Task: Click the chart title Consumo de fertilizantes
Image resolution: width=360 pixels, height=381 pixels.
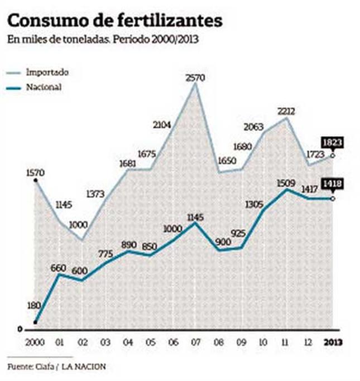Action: pyautogui.click(x=114, y=21)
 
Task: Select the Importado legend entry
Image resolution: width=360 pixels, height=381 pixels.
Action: pyautogui.click(x=47, y=73)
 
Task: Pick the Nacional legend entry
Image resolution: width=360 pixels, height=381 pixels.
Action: pyautogui.click(x=43, y=87)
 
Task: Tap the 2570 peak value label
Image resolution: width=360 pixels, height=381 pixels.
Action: pyautogui.click(x=195, y=77)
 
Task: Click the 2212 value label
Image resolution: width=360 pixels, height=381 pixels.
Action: pyautogui.click(x=286, y=111)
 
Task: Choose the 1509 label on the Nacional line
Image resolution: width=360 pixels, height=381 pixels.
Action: pyautogui.click(x=286, y=182)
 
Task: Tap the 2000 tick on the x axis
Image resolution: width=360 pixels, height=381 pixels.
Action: pyautogui.click(x=35, y=341)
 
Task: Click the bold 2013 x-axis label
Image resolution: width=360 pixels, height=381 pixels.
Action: pyautogui.click(x=333, y=341)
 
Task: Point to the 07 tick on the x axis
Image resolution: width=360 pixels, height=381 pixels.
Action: pyautogui.click(x=195, y=341)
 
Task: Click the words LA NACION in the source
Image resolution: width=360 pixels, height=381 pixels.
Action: pyautogui.click(x=84, y=366)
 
